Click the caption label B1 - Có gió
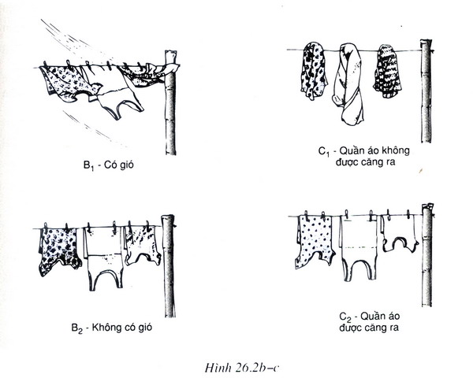[x=109, y=165]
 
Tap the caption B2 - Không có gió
[x=112, y=328]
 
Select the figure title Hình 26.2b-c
[x=242, y=368]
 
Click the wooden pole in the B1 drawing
[x=170, y=102]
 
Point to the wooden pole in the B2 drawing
[x=169, y=266]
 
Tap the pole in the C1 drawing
[x=426, y=91]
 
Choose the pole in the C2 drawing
[x=427, y=255]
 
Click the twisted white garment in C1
[x=349, y=84]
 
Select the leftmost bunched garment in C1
[x=314, y=71]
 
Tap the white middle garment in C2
[x=359, y=247]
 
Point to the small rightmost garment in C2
[x=399, y=234]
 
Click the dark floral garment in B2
[x=59, y=250]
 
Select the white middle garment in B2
[x=104, y=258]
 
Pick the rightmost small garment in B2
[x=143, y=246]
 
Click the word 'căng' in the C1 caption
[x=371, y=162]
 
